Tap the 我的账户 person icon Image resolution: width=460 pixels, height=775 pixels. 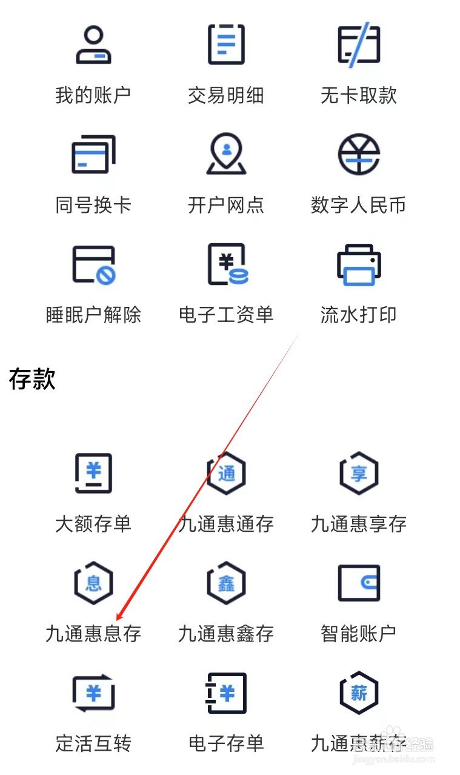tap(93, 45)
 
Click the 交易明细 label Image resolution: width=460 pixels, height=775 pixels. tap(225, 96)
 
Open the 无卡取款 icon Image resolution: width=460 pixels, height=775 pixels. tap(358, 45)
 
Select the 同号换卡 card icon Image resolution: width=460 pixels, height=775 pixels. tap(93, 154)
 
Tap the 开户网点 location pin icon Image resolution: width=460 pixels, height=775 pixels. tap(225, 154)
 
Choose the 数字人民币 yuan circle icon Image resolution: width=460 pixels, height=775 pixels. tap(358, 154)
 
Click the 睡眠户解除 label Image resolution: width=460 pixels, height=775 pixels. tap(93, 315)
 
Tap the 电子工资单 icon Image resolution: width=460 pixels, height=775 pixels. tap(227, 264)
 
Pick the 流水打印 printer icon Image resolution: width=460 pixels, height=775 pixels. tap(358, 264)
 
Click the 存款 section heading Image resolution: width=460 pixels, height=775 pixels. tap(33, 379)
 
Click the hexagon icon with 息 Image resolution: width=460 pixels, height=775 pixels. tap(93, 583)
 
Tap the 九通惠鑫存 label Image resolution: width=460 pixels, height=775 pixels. tap(225, 634)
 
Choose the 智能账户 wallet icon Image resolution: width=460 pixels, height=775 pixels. tap(358, 583)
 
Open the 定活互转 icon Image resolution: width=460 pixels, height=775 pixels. tap(93, 693)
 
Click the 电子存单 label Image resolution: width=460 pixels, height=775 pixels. tap(225, 743)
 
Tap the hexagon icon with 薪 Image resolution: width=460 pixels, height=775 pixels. tap(358, 693)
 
